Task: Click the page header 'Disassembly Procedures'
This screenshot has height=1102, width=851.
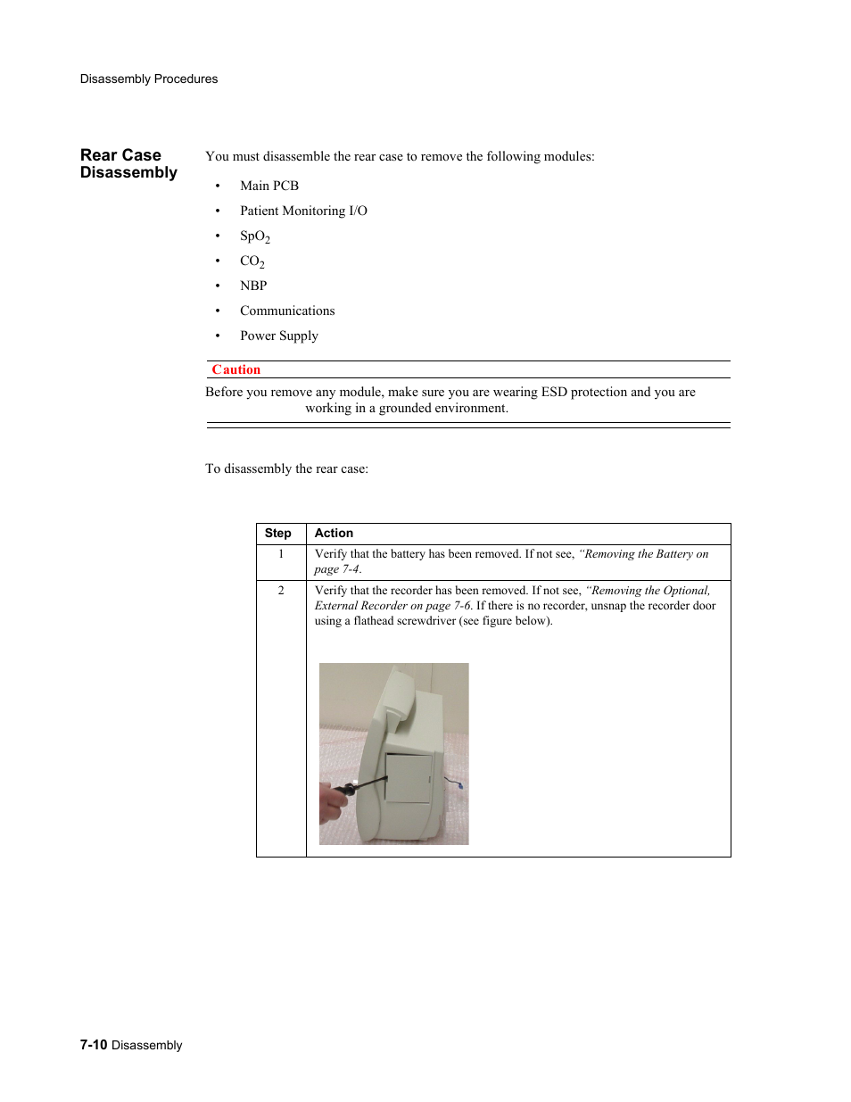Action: [148, 79]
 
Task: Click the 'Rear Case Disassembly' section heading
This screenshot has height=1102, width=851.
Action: [128, 164]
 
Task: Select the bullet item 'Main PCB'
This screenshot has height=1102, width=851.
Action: [269, 186]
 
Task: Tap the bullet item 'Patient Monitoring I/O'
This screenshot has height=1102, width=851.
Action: [303, 211]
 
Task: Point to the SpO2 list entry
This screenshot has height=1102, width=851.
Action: [254, 236]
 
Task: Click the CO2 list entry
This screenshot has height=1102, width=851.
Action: [252, 261]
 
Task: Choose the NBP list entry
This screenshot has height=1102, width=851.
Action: [253, 286]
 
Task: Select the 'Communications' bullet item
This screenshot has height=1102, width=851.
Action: [287, 311]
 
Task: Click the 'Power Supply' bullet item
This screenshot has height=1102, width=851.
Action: [278, 336]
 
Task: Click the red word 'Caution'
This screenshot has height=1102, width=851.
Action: [235, 369]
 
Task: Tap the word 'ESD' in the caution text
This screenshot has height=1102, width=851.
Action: [554, 392]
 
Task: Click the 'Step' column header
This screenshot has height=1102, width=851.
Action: [277, 533]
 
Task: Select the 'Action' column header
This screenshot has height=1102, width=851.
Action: [334, 533]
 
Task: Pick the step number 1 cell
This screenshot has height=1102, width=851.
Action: [281, 554]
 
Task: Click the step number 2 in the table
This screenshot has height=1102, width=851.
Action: [281, 591]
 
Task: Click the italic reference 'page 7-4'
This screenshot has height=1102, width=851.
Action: [337, 569]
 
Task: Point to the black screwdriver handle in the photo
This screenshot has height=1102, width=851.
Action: [343, 790]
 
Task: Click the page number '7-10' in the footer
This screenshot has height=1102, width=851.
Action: [94, 1045]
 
